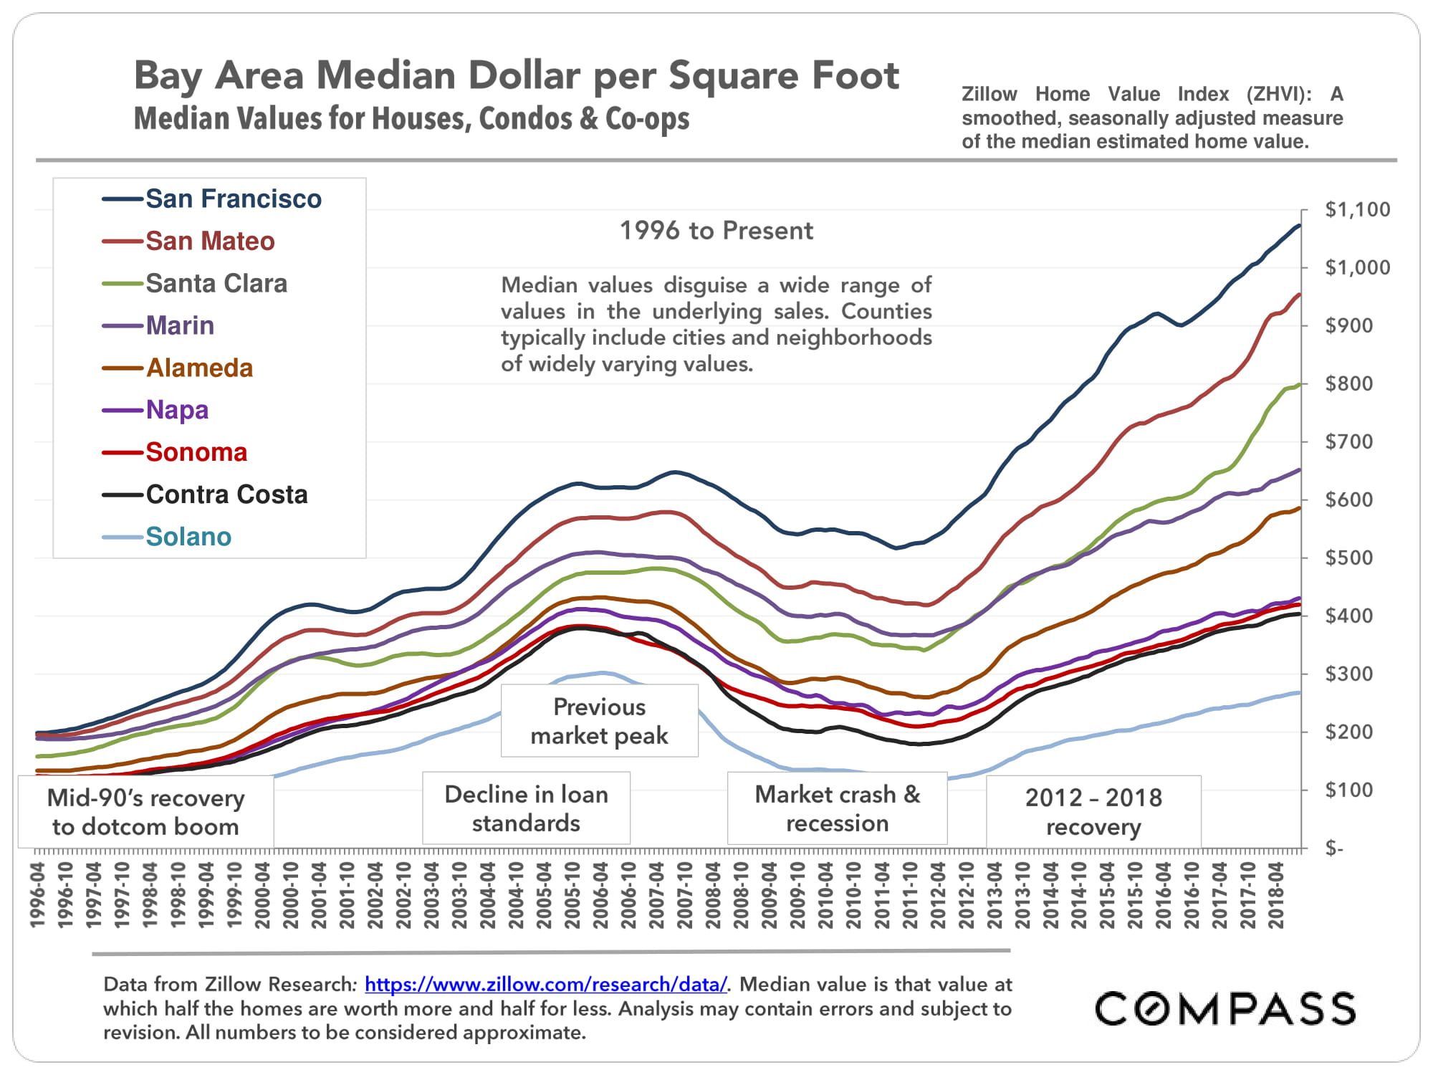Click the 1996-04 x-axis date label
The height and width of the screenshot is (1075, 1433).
click(38, 895)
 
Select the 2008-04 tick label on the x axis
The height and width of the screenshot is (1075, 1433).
click(713, 895)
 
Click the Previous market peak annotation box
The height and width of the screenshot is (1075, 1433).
click(599, 721)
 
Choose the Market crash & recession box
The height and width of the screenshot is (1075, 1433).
click(837, 808)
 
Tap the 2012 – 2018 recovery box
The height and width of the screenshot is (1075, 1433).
click(1093, 811)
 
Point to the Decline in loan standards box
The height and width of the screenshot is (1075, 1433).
click(526, 808)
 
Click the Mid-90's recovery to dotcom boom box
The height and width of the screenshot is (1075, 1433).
click(146, 812)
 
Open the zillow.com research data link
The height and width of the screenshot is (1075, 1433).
click(546, 984)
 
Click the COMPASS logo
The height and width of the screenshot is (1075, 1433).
click(1225, 1008)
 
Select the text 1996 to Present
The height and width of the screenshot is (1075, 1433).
click(716, 231)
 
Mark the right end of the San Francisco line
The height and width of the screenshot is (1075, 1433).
click(1299, 226)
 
